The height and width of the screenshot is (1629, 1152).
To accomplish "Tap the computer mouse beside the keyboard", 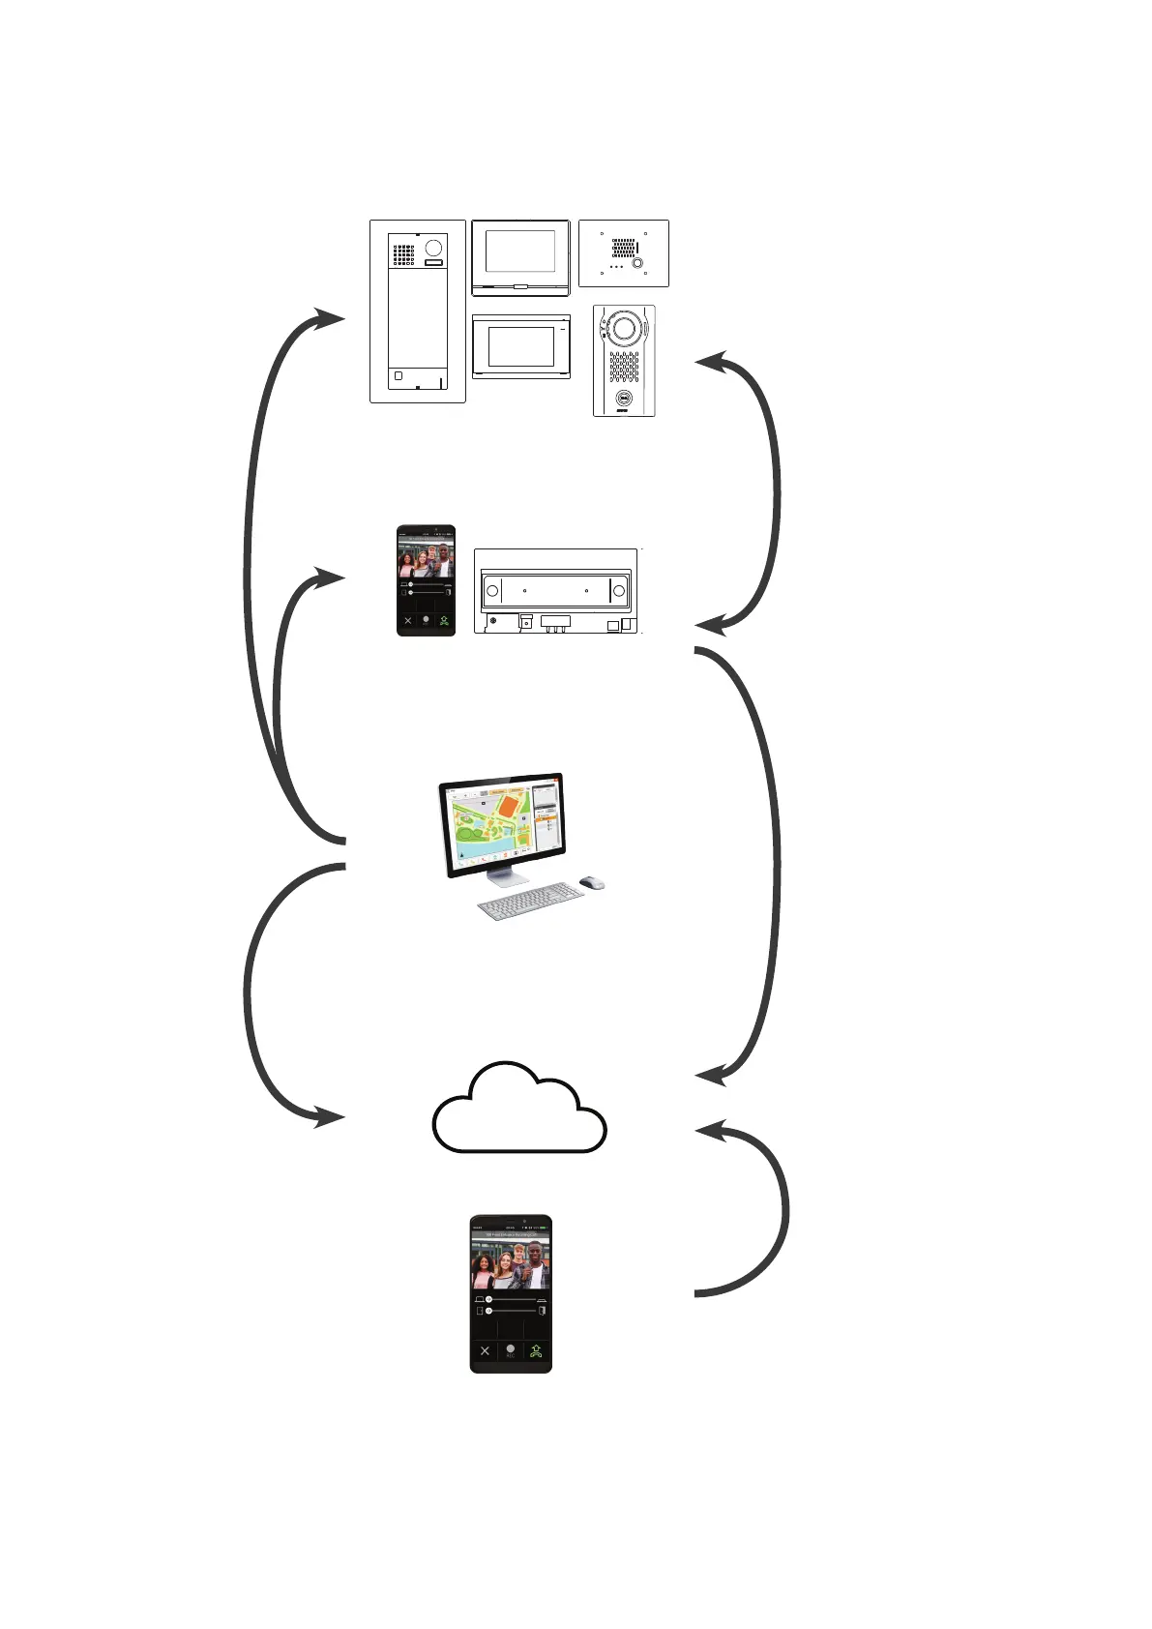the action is click(x=592, y=882).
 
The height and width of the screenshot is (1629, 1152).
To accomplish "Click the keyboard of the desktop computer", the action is click(x=531, y=903).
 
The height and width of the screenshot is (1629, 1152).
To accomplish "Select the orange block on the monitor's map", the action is click(x=506, y=806).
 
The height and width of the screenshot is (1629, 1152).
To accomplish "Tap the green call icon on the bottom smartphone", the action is click(x=536, y=1351).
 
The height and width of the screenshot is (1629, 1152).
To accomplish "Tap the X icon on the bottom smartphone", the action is click(x=485, y=1351).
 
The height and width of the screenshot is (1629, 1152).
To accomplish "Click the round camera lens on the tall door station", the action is click(x=433, y=248).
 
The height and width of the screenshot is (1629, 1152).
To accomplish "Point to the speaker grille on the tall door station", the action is click(x=403, y=254).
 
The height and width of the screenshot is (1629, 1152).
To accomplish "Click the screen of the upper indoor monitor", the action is click(x=519, y=251).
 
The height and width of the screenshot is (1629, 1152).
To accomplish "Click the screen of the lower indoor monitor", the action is click(x=520, y=346).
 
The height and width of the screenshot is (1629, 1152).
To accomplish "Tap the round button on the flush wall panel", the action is click(x=636, y=263).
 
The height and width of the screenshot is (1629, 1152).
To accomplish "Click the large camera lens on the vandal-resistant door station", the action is click(x=624, y=329).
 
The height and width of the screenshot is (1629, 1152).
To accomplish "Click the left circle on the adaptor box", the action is click(x=492, y=591).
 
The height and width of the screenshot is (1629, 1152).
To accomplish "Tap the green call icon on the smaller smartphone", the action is click(x=444, y=621).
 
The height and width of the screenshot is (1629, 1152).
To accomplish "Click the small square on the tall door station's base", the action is click(x=399, y=375).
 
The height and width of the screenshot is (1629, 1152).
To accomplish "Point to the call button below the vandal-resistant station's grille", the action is click(x=624, y=396).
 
